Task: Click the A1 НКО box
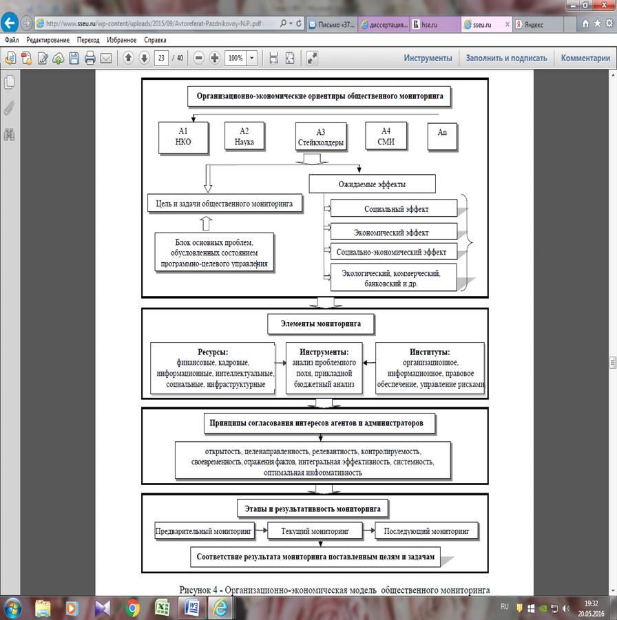click(183, 136)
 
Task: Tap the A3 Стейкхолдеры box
click(320, 138)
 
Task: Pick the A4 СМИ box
click(387, 136)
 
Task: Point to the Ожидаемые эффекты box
click(372, 184)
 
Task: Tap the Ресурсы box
click(212, 367)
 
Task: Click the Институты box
click(430, 367)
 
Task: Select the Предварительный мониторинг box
click(205, 531)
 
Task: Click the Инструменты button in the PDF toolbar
click(428, 58)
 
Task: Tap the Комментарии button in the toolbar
click(585, 58)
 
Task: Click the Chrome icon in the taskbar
click(133, 608)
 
